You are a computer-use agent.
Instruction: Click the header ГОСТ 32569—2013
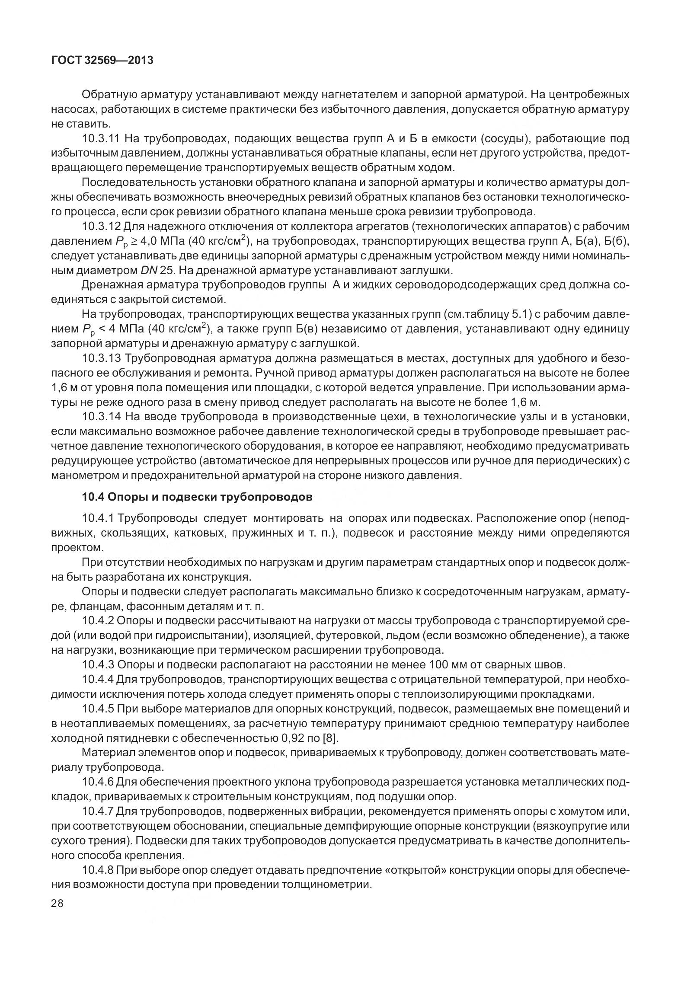[102, 61]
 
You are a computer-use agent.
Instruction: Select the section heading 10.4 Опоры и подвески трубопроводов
[197, 497]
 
